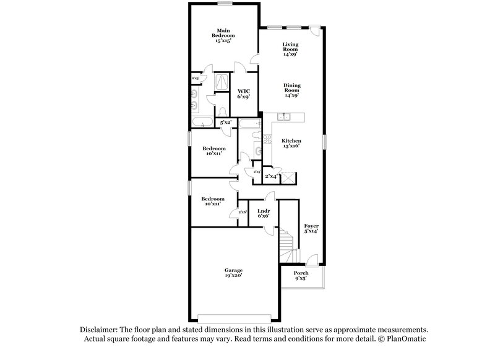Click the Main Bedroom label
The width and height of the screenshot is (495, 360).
point(224,36)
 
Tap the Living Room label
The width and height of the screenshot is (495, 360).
point(290,49)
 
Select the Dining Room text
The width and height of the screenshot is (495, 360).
point(291,90)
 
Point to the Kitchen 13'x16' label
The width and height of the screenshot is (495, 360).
point(290,144)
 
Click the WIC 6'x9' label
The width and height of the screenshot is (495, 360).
point(243,93)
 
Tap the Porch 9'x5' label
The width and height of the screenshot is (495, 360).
point(301,275)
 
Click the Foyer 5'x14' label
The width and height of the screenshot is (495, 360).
point(311,229)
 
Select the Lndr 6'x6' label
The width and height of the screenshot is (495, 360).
point(263,214)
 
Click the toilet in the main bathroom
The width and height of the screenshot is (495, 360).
point(222,111)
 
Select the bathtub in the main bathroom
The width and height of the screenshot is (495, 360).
point(202,120)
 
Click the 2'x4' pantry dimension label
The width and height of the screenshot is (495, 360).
point(271,177)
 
